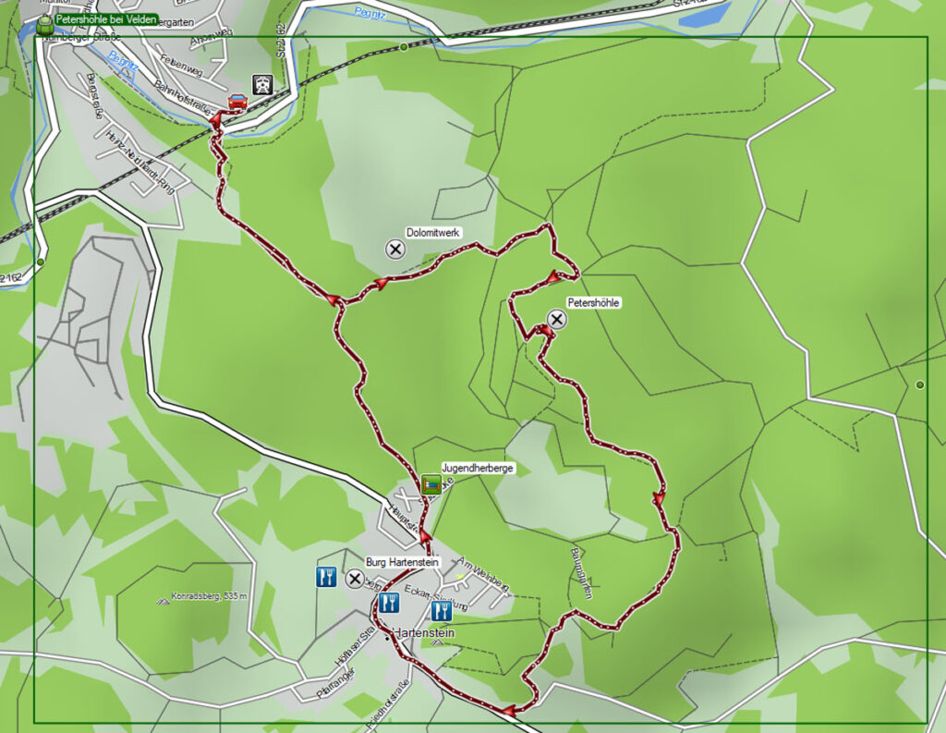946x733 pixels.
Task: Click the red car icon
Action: pos(237,102)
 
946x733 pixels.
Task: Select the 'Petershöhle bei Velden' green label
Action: pos(105,19)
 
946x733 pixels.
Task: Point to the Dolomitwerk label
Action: pos(432,233)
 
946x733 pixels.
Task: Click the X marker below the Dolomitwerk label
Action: pos(395,249)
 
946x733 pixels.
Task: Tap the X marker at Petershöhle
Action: pos(556,320)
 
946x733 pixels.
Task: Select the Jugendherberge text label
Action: pos(478,469)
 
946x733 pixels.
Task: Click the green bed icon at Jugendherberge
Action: pos(431,483)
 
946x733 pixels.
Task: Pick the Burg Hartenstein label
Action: pos(401,562)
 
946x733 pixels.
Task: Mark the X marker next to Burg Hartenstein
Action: pos(354,579)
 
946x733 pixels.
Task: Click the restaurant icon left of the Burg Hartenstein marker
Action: pos(325,578)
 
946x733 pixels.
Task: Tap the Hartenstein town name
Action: pos(423,633)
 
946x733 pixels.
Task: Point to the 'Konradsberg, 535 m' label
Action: pos(210,596)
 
